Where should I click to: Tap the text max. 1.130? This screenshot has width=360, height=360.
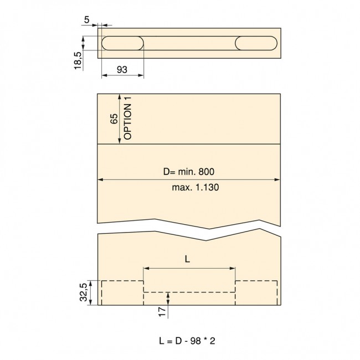click(196, 188)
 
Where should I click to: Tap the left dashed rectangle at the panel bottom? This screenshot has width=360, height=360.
click(122, 292)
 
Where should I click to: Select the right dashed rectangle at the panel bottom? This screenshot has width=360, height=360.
click(257, 292)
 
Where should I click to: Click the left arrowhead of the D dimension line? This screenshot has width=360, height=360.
click(100, 179)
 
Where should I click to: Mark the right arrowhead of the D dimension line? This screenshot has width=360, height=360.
click(277, 179)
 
